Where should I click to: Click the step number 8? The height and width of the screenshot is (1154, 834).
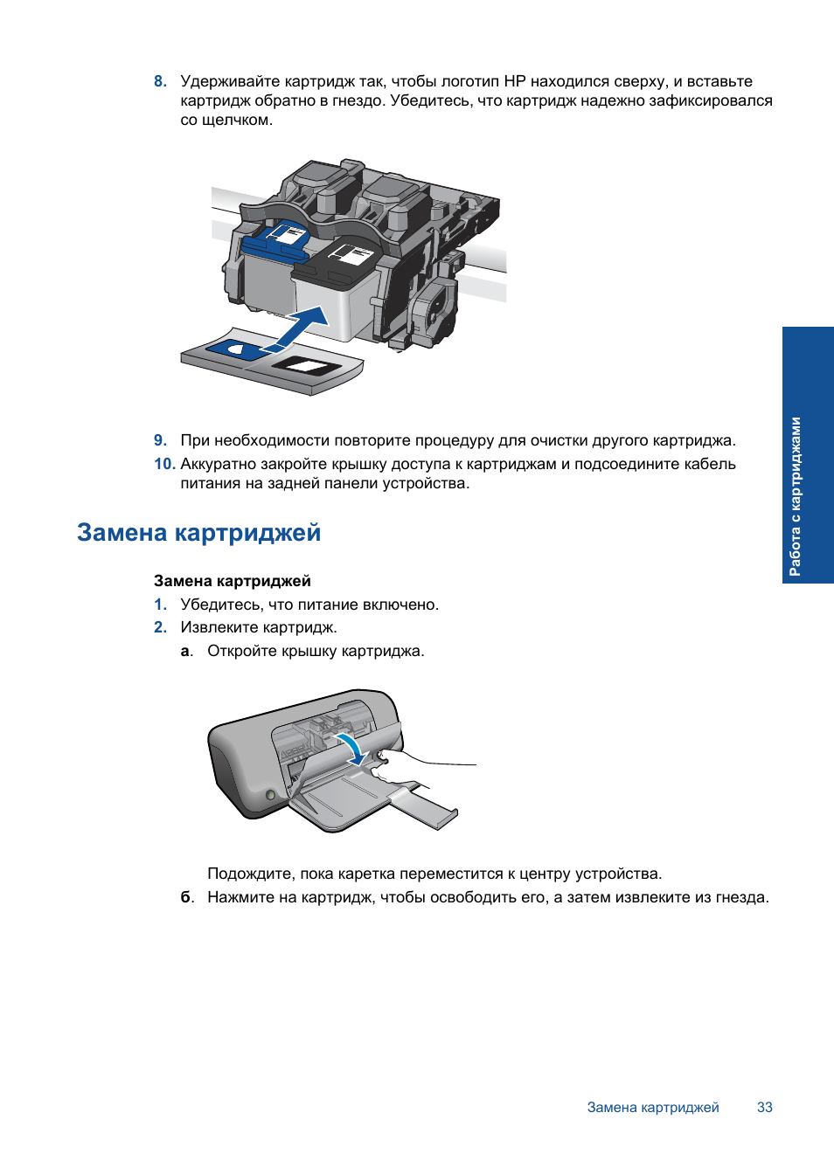[159, 81]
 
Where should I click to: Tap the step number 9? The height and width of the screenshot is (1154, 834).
[159, 440]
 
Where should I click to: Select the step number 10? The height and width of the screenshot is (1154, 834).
[163, 464]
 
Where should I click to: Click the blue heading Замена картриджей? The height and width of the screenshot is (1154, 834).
[198, 532]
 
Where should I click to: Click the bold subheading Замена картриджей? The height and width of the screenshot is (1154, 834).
[232, 581]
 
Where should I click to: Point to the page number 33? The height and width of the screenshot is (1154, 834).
[764, 1107]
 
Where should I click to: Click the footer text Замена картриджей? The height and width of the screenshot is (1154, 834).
[652, 1107]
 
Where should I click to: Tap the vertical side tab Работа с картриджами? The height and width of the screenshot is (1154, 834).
[795, 495]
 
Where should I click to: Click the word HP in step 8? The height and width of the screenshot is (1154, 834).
[514, 81]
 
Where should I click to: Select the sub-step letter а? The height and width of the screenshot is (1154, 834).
[185, 651]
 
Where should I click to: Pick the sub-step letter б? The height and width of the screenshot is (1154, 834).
[186, 897]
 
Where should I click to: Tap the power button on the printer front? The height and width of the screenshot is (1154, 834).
[270, 795]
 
